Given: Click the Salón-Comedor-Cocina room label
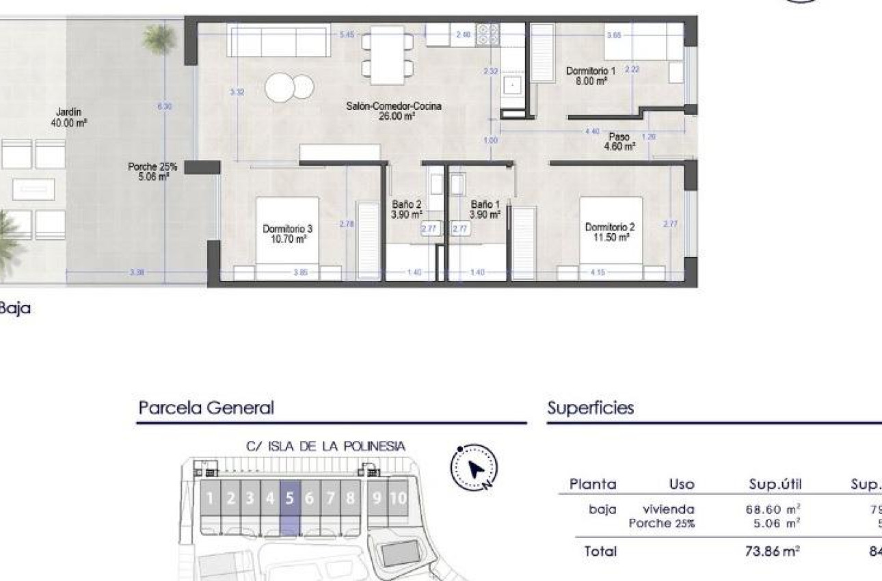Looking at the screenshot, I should tap(393, 111).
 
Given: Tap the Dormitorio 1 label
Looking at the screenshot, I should tap(591, 75).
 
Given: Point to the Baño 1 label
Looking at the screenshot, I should tap(485, 209).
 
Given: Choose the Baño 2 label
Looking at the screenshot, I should tap(407, 209).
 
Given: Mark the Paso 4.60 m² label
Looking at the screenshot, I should tap(619, 141).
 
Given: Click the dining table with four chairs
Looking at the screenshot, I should tap(387, 55).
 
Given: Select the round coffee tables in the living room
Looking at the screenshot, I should tap(289, 87).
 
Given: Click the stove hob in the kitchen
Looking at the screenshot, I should tap(487, 35).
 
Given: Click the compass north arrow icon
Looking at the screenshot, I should tap(474, 469).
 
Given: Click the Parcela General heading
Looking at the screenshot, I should tap(206, 408).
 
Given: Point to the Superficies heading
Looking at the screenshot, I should tap(590, 408).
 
